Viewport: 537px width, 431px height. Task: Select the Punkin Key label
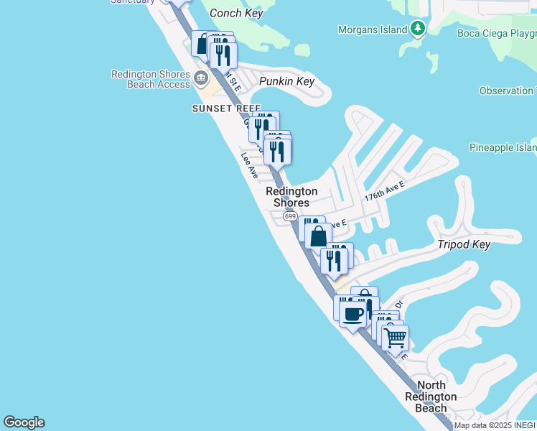[287, 81]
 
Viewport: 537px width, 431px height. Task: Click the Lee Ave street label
[249, 165]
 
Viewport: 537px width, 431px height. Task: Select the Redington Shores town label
[291, 197]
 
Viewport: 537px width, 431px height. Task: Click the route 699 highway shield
[290, 216]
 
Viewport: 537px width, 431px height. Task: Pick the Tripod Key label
[464, 245]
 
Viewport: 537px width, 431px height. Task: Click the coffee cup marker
[352, 314]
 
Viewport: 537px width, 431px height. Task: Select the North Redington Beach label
[431, 397]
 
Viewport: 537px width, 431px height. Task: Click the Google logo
[24, 422]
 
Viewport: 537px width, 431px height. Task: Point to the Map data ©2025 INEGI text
[495, 425]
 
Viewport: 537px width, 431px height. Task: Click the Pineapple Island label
[503, 147]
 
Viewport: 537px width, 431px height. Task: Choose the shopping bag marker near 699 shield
[318, 235]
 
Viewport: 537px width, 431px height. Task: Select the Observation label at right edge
[508, 91]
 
